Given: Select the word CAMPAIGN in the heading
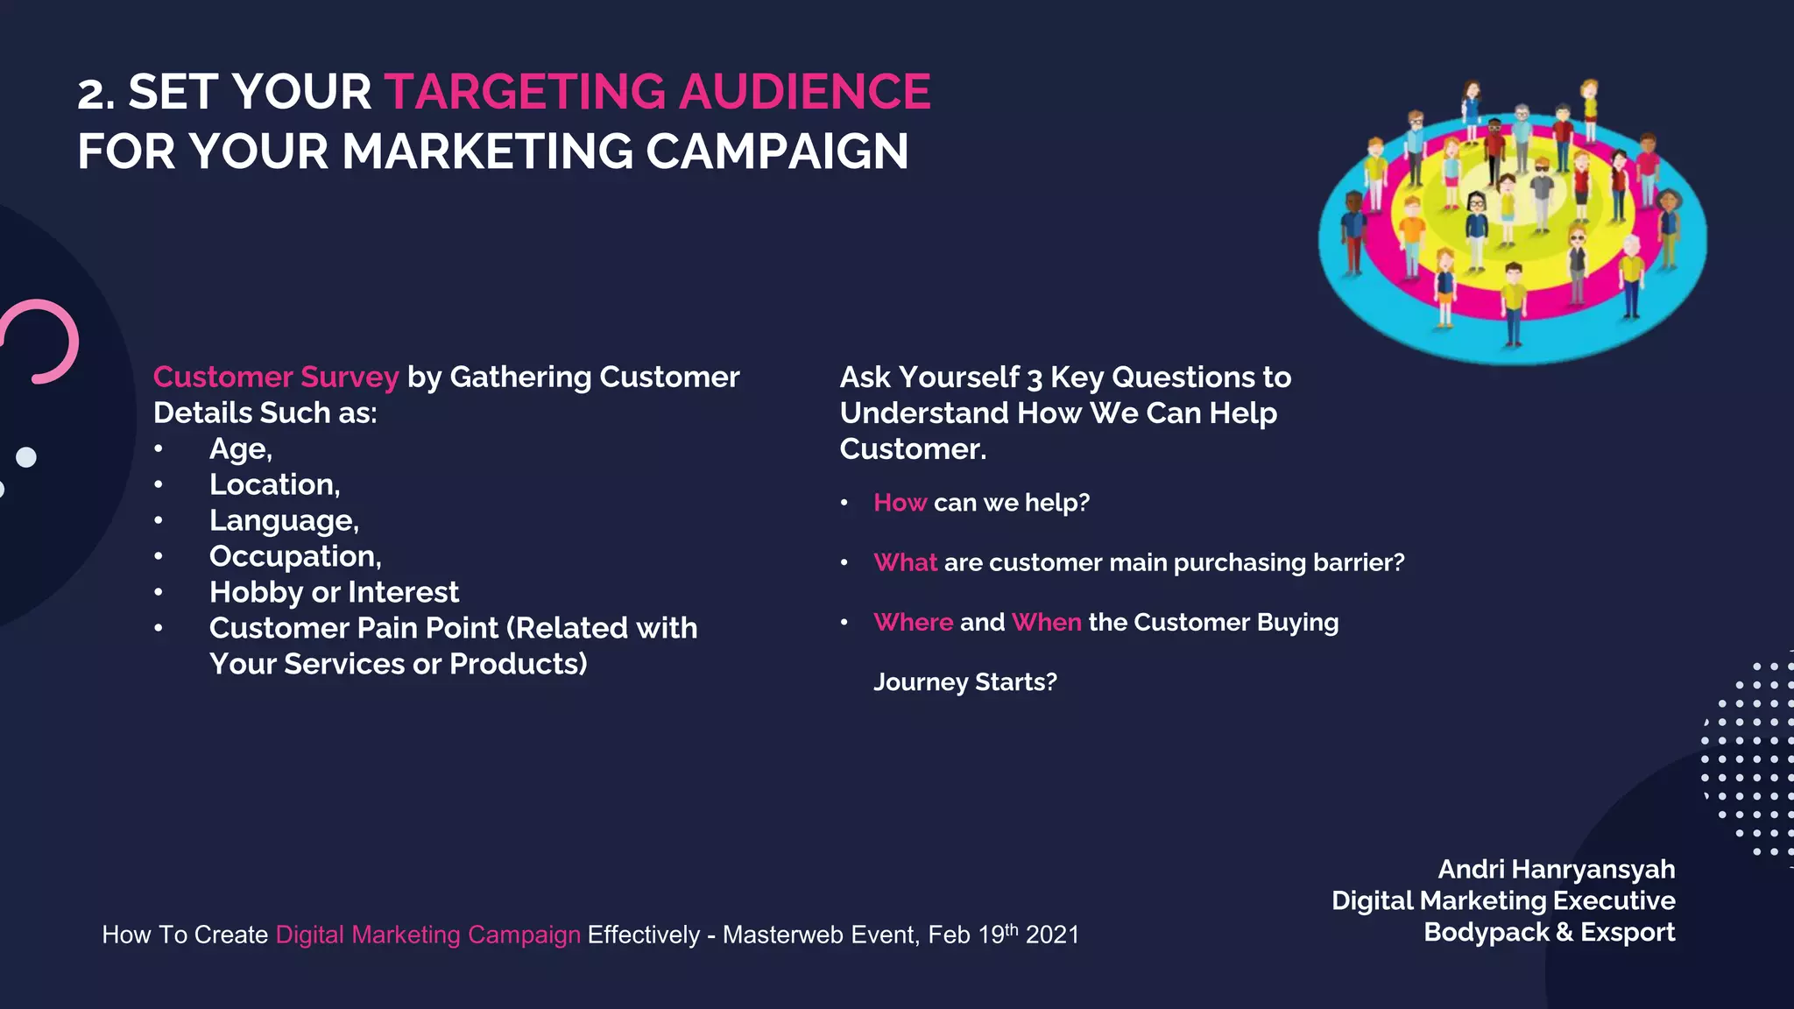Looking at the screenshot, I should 777,152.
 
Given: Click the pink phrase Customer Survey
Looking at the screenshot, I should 276,377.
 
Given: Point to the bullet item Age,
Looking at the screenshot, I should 241,448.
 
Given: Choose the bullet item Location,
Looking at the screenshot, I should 274,484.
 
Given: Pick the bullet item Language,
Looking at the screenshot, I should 284,520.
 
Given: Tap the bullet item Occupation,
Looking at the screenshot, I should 295,556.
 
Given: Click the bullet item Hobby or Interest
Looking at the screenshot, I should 334,592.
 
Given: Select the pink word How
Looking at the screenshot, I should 900,503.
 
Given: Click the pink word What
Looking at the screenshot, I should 905,562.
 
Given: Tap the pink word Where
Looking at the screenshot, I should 913,622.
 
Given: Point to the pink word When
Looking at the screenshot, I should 1046,622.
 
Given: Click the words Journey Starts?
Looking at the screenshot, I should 964,681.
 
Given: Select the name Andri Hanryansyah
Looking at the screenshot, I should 1556,869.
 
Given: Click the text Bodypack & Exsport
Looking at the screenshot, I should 1549,932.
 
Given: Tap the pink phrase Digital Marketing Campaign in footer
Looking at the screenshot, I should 427,935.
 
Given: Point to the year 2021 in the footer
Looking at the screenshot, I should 1052,935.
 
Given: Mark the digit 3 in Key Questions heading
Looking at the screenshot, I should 1035,378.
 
